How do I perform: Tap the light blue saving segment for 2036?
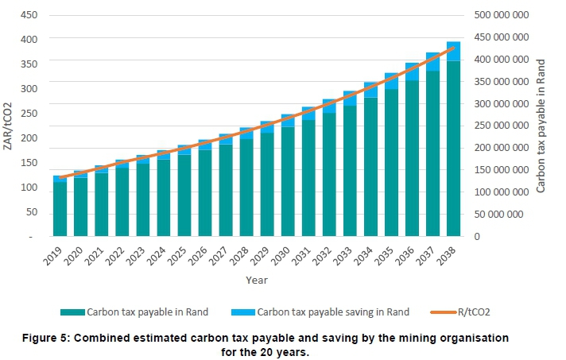412,72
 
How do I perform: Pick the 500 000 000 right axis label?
499,15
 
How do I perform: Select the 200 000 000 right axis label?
499,148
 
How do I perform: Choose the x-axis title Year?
257,280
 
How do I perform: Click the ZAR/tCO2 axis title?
7,126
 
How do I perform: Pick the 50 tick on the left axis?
30,212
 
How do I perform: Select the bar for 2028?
246,188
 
